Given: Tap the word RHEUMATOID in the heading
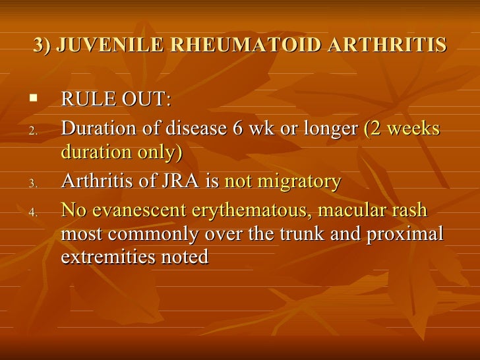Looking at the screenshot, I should click(x=235, y=45).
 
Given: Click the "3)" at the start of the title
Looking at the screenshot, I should click(x=43, y=45).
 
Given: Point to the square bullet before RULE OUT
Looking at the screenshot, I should click(x=34, y=100).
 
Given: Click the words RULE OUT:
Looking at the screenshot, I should click(x=116, y=101).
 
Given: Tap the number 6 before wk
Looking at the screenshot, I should click(x=239, y=129).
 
